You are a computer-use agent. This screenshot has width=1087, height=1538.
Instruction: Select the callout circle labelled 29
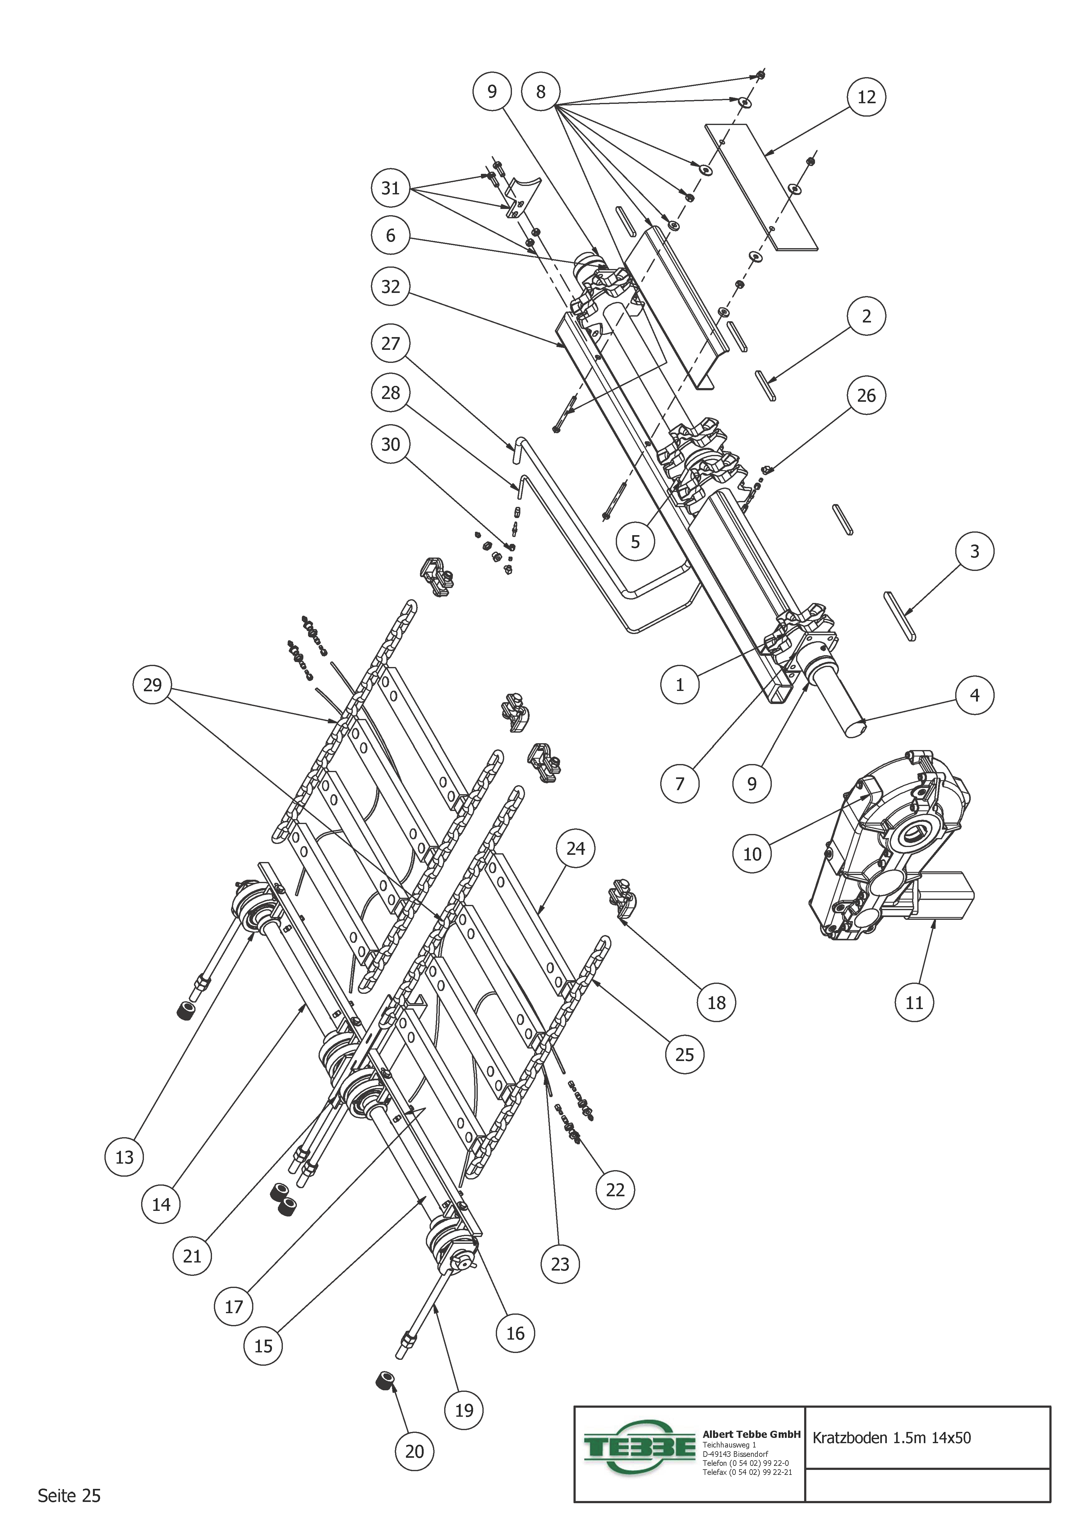coord(153,685)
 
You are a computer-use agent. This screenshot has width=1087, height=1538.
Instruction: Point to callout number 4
coord(974,695)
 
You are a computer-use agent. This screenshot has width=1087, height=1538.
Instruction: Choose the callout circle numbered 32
coord(390,287)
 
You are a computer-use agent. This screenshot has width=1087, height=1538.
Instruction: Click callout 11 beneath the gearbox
coord(914,1003)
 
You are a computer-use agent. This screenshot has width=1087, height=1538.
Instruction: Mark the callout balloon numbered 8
coord(541,92)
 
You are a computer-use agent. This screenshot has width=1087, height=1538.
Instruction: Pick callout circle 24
coord(576,849)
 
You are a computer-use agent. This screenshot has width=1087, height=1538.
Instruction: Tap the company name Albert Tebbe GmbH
coord(752,1434)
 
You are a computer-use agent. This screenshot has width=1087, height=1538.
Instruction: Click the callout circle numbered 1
coord(680,685)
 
